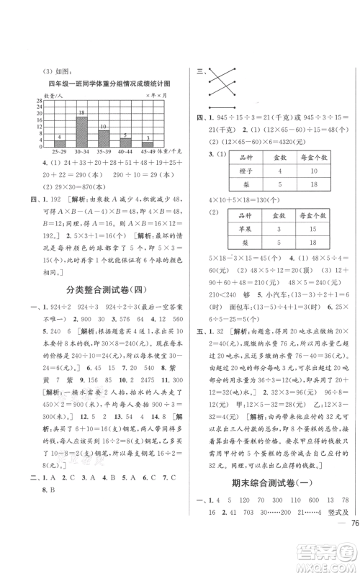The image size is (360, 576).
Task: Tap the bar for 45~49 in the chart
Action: (148, 145)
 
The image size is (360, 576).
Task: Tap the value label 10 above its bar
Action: (104, 126)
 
